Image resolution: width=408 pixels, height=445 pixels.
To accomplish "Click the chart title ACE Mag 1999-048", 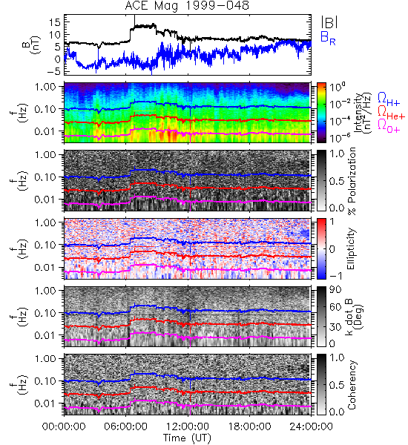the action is pyautogui.click(x=187, y=6).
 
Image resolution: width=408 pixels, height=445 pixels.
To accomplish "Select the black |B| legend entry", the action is pyautogui.click(x=329, y=22).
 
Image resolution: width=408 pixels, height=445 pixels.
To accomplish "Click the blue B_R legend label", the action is pyautogui.click(x=328, y=38).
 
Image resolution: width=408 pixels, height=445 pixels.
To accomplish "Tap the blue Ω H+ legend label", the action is pyautogui.click(x=389, y=99).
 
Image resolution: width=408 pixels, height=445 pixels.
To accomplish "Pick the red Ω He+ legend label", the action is pyautogui.click(x=391, y=112).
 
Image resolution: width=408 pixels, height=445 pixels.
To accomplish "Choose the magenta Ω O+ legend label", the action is pyautogui.click(x=389, y=125).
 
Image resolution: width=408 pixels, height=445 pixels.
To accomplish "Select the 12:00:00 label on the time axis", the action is pyautogui.click(x=188, y=426).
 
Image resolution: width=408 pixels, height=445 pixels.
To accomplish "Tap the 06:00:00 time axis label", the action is pyautogui.click(x=126, y=426).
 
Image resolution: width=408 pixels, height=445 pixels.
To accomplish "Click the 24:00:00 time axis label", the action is pyautogui.click(x=311, y=426).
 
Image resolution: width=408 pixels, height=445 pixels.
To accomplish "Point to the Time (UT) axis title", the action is pyautogui.click(x=187, y=438).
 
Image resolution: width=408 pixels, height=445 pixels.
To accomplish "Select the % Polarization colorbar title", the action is pyautogui.click(x=352, y=181).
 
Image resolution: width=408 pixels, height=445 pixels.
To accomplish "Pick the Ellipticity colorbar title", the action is pyautogui.click(x=351, y=249).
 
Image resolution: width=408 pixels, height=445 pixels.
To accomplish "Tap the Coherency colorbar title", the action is pyautogui.click(x=351, y=385).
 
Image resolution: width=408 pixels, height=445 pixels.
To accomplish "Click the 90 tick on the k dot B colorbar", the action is pyautogui.click(x=335, y=289).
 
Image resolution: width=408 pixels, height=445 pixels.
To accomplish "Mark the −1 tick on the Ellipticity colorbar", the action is pyautogui.click(x=335, y=276).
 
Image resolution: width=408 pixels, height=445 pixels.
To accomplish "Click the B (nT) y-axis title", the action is pyautogui.click(x=33, y=44).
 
